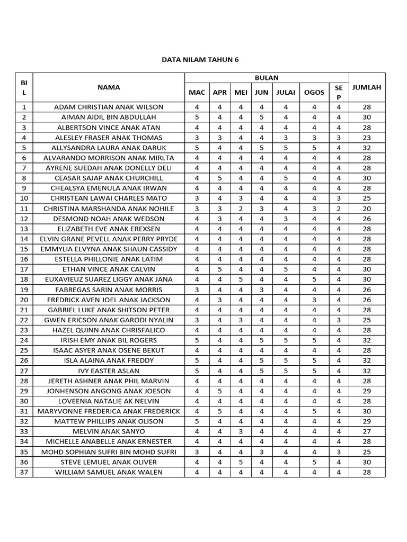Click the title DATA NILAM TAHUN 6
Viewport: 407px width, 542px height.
(x=200, y=60)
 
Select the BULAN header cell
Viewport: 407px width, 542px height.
(x=266, y=78)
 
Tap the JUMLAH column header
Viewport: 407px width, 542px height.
(x=367, y=87)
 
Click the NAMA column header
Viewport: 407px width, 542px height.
(x=109, y=87)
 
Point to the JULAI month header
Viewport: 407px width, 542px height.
(x=286, y=93)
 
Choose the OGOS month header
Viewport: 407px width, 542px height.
(x=314, y=93)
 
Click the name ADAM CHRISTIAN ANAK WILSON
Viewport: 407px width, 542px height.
(x=109, y=107)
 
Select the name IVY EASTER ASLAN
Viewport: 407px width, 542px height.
(x=109, y=371)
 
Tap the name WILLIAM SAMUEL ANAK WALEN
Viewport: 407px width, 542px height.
(x=109, y=472)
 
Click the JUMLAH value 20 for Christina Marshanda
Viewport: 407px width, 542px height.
(x=367, y=209)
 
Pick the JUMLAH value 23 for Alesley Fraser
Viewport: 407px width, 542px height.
(x=367, y=138)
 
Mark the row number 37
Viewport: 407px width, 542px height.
(x=24, y=472)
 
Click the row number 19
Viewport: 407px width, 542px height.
(x=24, y=290)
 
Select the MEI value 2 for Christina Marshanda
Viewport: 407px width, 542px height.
(x=241, y=209)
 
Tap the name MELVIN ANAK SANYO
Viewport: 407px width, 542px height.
(x=109, y=431)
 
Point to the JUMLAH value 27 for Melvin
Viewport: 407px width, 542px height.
(x=367, y=431)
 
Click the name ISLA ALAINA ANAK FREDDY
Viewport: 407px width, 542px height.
(x=109, y=360)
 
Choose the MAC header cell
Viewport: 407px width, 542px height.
(x=197, y=93)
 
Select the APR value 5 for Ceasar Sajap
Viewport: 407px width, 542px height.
(x=219, y=178)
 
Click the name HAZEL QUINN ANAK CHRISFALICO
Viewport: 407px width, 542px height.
(x=109, y=330)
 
